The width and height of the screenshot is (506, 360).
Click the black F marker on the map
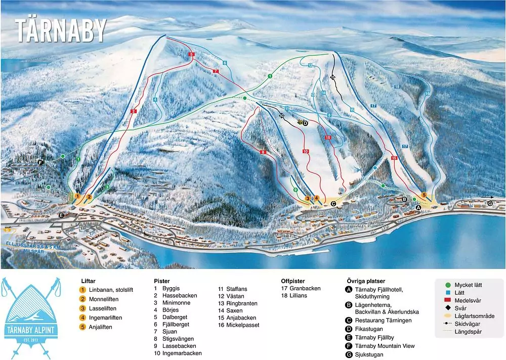40,162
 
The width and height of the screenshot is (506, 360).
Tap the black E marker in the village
61,215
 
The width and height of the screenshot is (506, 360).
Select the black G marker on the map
489,203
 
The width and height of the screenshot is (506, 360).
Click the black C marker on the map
333,203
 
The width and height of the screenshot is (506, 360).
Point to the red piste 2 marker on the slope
134,111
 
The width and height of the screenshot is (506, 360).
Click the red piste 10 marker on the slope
305,151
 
